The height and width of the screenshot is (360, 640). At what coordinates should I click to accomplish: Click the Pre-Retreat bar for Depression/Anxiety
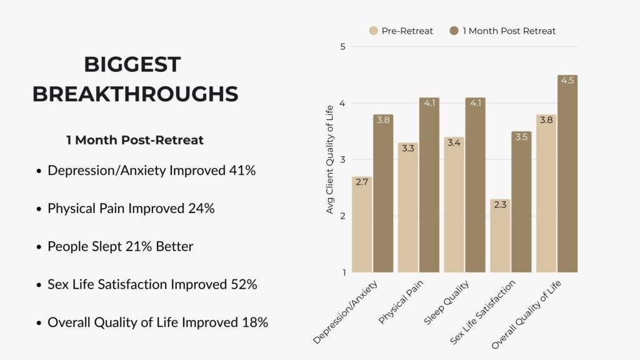[362, 225]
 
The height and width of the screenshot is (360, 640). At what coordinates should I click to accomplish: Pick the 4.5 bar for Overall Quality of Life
[567, 174]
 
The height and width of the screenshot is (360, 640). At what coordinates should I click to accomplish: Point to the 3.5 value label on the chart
[521, 137]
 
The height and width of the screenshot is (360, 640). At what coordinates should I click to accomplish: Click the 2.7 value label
[362, 182]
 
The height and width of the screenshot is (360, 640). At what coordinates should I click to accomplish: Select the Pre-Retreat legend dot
[374, 31]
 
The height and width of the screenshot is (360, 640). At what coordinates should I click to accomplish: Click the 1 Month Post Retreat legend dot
[454, 31]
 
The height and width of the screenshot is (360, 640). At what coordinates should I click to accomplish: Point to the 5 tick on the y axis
[343, 47]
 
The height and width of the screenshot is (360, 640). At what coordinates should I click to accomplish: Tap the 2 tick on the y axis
[343, 216]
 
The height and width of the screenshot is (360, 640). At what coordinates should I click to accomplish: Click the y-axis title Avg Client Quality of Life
[330, 160]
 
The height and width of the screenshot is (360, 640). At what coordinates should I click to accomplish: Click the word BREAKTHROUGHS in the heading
[135, 94]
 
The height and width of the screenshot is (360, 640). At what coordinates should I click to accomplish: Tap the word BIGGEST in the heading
[132, 64]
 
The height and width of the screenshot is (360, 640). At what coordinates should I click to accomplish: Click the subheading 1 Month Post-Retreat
[135, 140]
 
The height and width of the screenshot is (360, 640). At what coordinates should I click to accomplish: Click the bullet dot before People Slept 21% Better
[39, 247]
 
